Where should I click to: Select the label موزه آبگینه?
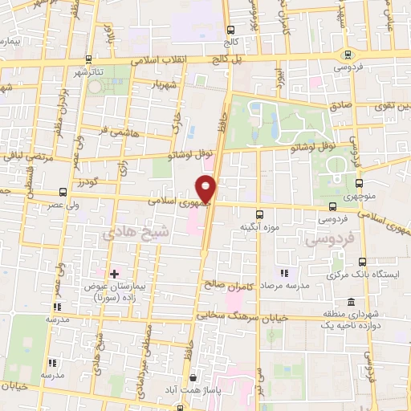(258, 227)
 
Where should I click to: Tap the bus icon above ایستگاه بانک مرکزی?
(361, 262)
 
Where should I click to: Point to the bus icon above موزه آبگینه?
(258, 214)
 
